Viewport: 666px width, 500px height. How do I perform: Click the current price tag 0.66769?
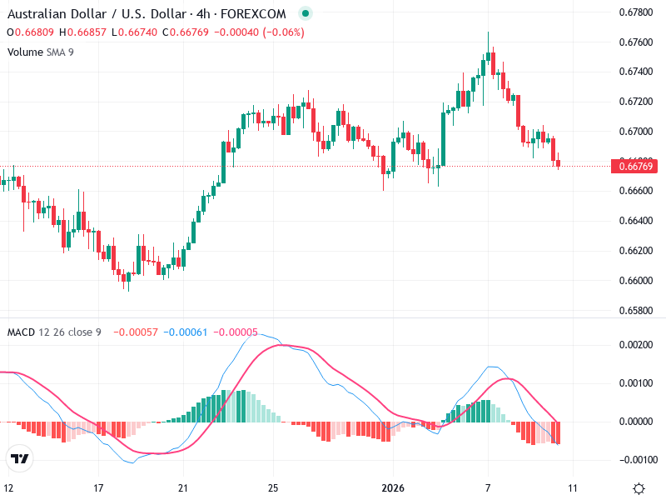(x=637, y=167)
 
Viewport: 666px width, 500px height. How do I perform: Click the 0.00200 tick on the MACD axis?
(x=637, y=344)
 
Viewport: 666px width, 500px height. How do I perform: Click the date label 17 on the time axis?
(x=98, y=487)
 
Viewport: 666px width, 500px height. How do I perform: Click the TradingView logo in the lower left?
(x=20, y=458)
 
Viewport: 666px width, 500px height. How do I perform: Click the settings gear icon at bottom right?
(x=639, y=488)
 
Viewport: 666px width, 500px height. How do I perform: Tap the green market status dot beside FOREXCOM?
(x=305, y=14)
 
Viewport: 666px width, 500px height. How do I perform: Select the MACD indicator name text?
(x=21, y=332)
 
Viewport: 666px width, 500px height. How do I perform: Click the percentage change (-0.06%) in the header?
(x=283, y=32)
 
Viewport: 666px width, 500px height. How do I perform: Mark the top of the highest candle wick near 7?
(x=488, y=32)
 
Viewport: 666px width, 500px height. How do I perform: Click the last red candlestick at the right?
(x=558, y=162)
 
